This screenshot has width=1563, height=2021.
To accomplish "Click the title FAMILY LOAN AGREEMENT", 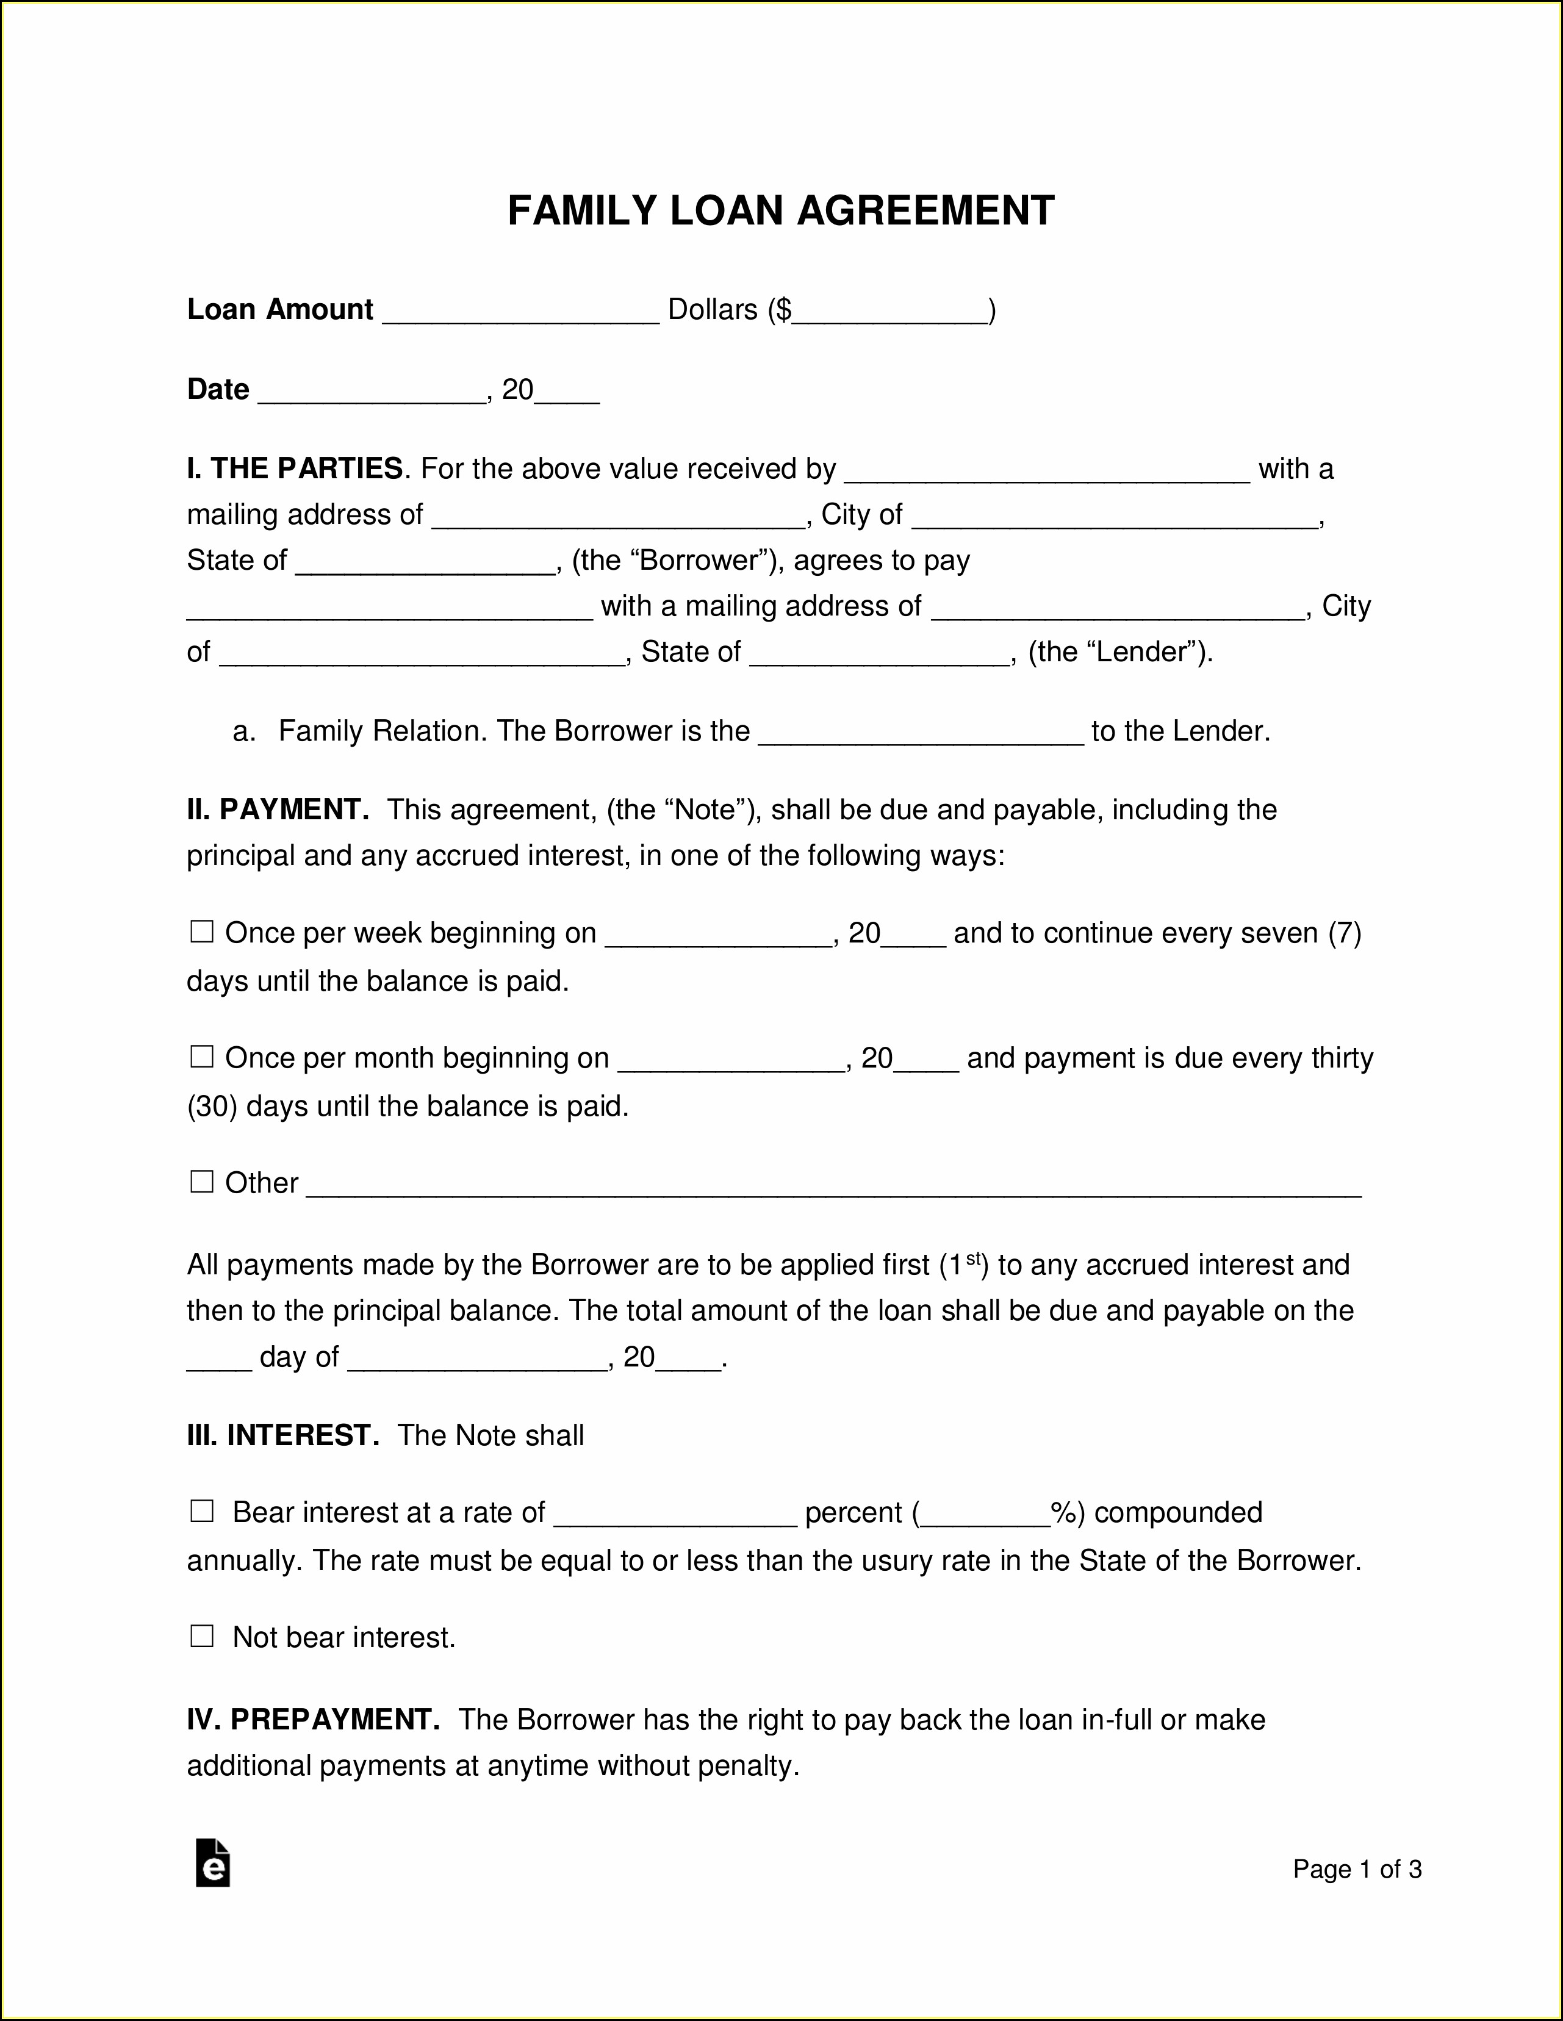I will [x=781, y=211].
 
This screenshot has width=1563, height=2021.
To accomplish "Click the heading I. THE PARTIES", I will [x=294, y=469].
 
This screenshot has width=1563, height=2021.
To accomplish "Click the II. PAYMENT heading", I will [x=278, y=809].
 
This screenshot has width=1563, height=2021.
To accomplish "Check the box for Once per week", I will [x=202, y=932].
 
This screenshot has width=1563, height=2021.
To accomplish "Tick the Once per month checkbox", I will [x=202, y=1057].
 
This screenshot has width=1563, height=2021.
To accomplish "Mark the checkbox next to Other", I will [x=202, y=1182].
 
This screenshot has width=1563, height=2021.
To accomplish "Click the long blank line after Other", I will [x=833, y=1186].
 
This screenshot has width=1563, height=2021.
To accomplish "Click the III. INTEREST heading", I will [x=283, y=1435].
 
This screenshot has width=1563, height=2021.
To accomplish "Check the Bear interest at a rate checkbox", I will [x=202, y=1512].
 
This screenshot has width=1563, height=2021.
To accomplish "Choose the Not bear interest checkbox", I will [x=202, y=1637].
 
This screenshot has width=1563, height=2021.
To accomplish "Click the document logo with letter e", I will [x=213, y=1862].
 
